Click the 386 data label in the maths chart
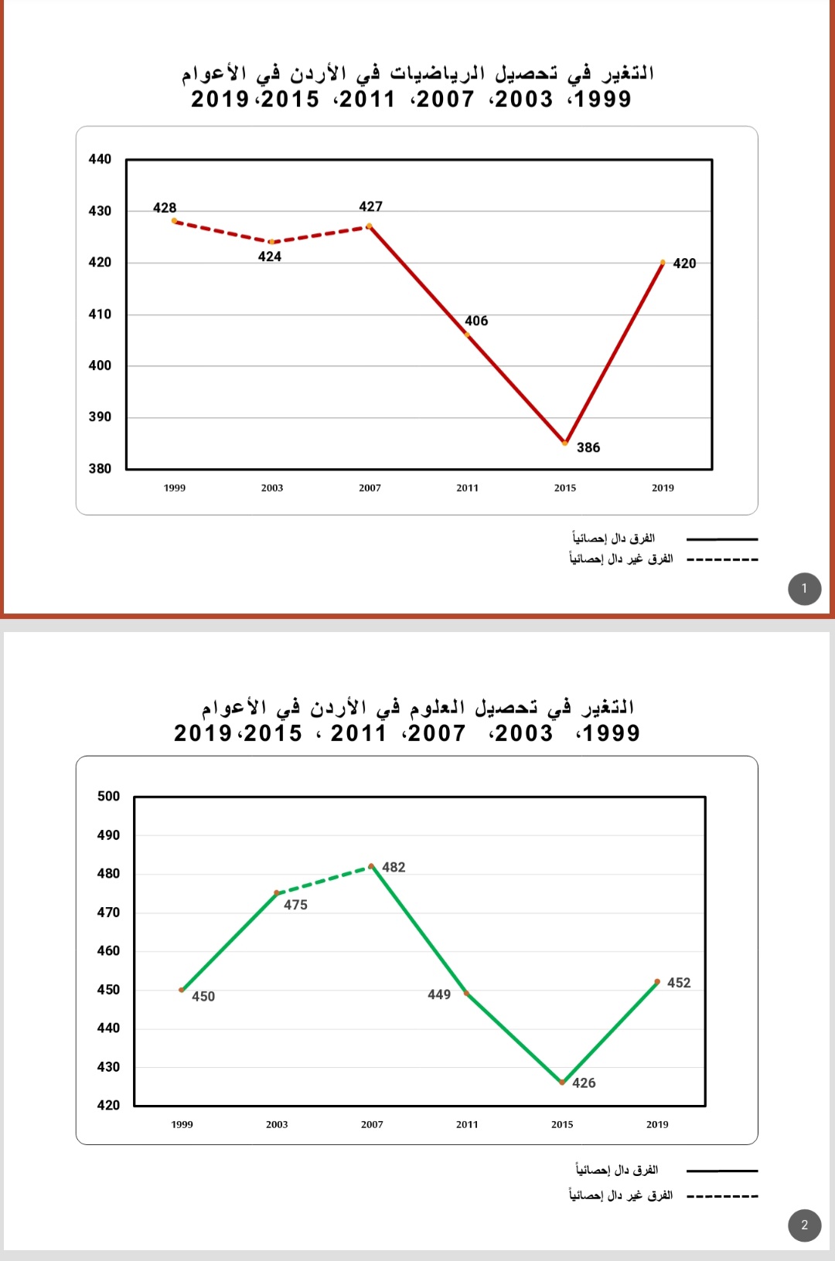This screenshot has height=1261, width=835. tap(588, 447)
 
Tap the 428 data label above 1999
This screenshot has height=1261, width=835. tap(165, 208)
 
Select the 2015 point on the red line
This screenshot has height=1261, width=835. tap(565, 443)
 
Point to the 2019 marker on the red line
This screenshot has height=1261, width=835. tap(663, 263)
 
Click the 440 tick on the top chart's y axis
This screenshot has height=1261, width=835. tap(100, 159)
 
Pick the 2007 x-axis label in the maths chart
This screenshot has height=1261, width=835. tap(370, 488)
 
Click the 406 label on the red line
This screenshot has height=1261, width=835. tap(476, 321)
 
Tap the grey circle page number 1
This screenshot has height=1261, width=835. tap(804, 589)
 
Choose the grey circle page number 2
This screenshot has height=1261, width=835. tap(804, 1225)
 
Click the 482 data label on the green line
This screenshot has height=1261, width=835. tap(394, 867)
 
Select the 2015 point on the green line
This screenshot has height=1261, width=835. tap(562, 1082)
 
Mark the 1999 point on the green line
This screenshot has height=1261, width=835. tap(182, 990)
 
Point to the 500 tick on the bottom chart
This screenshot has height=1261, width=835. tap(108, 796)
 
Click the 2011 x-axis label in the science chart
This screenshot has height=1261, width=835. tap(467, 1124)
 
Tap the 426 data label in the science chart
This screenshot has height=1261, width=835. tap(584, 1083)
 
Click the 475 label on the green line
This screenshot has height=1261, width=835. tap(295, 905)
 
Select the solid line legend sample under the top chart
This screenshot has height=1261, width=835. tap(722, 539)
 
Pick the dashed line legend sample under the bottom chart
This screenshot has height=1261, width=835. tap(722, 1196)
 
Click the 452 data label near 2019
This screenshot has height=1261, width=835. tap(679, 983)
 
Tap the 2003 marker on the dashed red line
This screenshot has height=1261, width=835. tap(271, 242)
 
